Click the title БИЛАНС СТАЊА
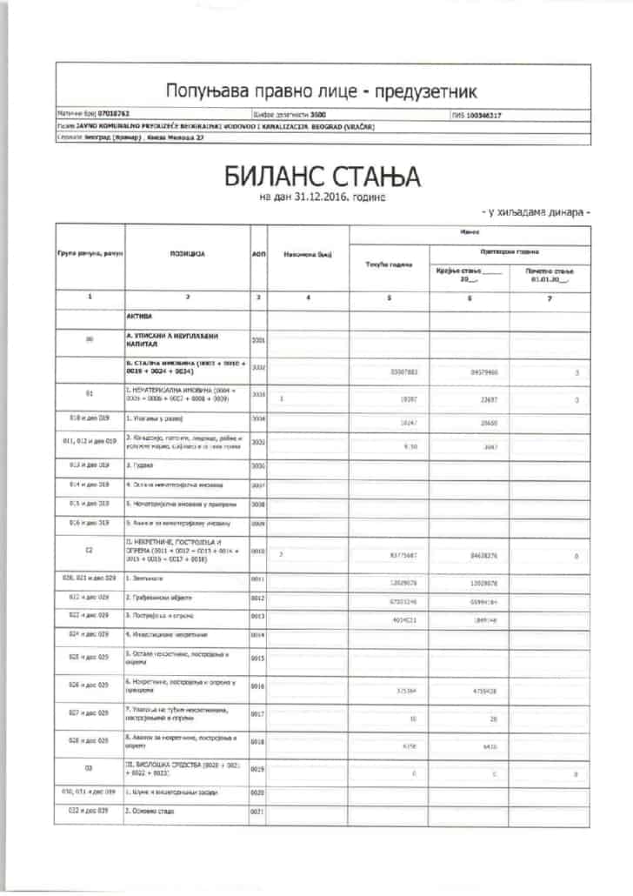pos(323,177)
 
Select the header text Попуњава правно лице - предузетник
pos(321,91)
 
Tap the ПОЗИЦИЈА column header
pos(186,254)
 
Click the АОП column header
pos(257,254)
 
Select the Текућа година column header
pos(388,264)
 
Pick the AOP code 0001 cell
pos(257,341)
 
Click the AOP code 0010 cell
pos(257,552)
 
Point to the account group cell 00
pos(90,341)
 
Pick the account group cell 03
pos(90,769)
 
